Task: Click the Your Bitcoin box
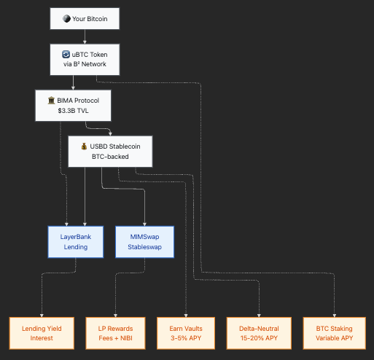pyautogui.click(x=85, y=19)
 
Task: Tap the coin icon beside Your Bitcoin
pyautogui.click(x=66, y=19)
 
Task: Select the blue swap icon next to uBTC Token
pyautogui.click(x=66, y=54)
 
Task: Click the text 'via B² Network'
pyautogui.click(x=85, y=64)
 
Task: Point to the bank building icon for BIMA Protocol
pyautogui.click(x=51, y=101)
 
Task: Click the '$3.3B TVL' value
pyautogui.click(x=73, y=111)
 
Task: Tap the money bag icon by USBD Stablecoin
pyautogui.click(x=84, y=146)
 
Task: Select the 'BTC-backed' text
pyautogui.click(x=110, y=157)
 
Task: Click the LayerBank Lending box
pyautogui.click(x=76, y=242)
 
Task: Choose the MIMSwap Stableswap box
pyautogui.click(x=144, y=242)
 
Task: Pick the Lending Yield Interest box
pyautogui.click(x=42, y=333)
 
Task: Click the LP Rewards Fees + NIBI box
pyautogui.click(x=115, y=333)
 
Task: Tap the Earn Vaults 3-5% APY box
pyautogui.click(x=186, y=333)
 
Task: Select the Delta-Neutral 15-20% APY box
pyautogui.click(x=259, y=333)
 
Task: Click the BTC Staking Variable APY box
pyautogui.click(x=334, y=333)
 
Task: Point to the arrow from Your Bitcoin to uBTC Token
pyautogui.click(x=85, y=36)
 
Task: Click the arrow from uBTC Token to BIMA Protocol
pyautogui.click(x=73, y=82)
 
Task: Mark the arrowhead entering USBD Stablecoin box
pyautogui.click(x=110, y=134)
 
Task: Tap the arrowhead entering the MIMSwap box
pyautogui.click(x=144, y=224)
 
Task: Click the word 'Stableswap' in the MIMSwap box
pyautogui.click(x=144, y=247)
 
